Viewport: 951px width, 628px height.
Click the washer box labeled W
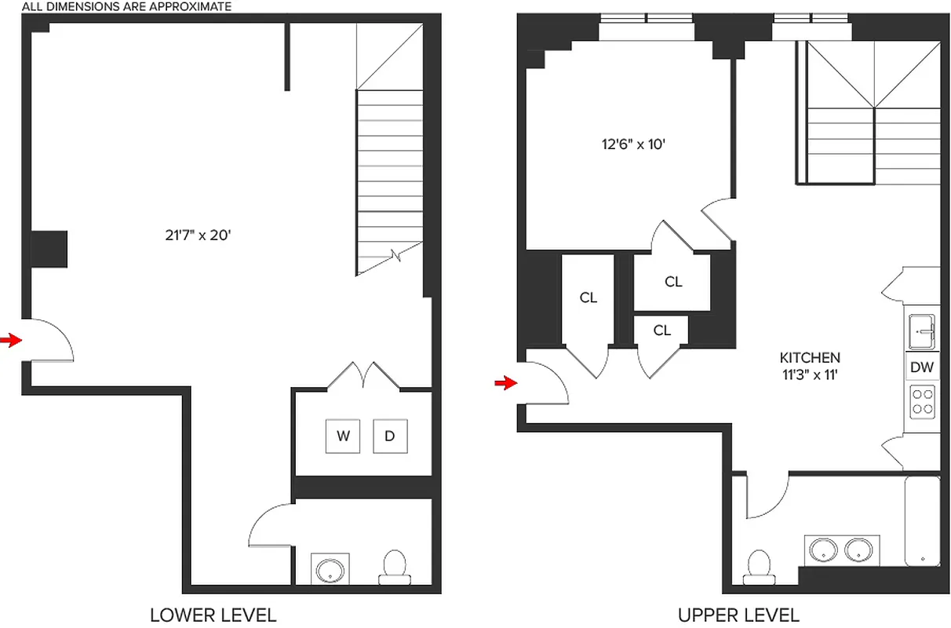click(343, 436)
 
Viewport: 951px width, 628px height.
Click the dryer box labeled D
click(390, 436)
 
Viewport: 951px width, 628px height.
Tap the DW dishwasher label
click(922, 367)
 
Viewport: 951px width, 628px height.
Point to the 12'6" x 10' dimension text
click(628, 144)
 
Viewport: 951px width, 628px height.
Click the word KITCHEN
click(811, 357)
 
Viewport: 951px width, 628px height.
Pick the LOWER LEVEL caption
click(213, 615)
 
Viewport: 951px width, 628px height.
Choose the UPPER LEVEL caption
click(738, 615)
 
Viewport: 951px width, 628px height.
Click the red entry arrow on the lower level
click(10, 340)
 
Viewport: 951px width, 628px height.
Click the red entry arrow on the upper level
click(505, 383)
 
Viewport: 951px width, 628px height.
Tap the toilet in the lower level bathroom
click(393, 567)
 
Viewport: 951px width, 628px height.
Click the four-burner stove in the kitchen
click(922, 401)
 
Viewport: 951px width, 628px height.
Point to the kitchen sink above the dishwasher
click(921, 333)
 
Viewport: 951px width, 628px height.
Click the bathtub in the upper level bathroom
click(922, 520)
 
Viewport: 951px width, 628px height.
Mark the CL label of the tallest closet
click(588, 298)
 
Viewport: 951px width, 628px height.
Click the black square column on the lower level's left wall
click(49, 249)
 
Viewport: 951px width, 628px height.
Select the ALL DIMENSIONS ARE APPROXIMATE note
click(116, 7)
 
